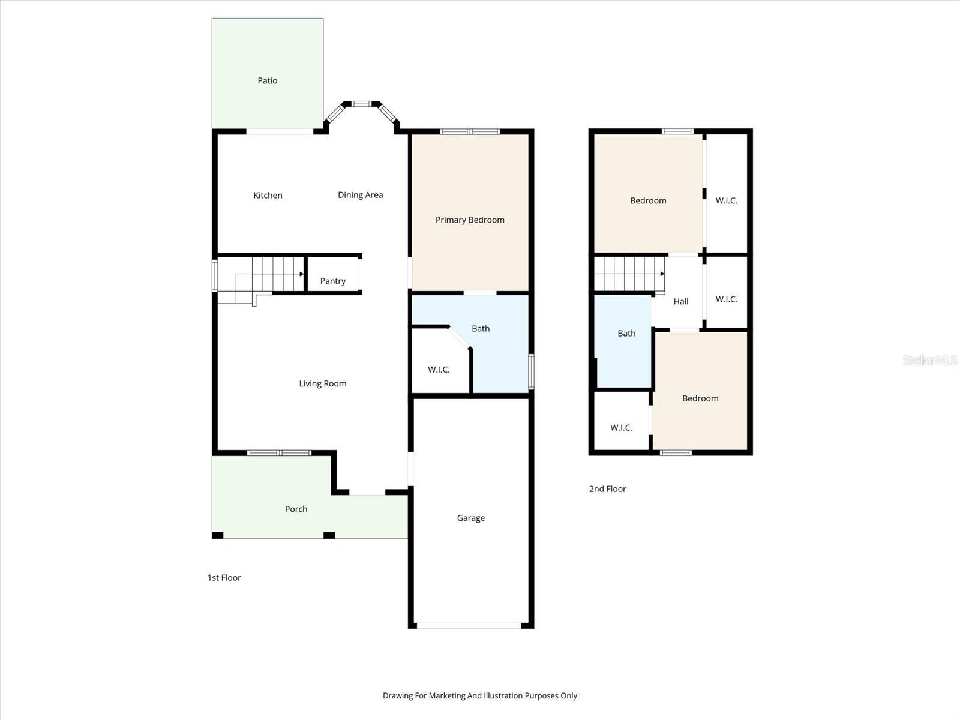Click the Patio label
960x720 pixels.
tap(268, 80)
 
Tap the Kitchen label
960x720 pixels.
tap(268, 195)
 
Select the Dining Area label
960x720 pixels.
tap(360, 194)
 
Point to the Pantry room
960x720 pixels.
tap(333, 280)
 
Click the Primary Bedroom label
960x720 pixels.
tap(470, 220)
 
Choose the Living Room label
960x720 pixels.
tap(323, 383)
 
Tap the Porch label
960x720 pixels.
tap(296, 509)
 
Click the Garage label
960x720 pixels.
tap(471, 518)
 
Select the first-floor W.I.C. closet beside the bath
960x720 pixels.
tap(439, 369)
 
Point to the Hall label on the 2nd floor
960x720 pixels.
tap(681, 301)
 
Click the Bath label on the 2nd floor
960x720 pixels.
tap(626, 333)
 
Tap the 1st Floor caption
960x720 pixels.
tap(224, 577)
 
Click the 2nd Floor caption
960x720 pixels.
tap(607, 488)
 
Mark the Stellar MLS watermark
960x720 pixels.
tap(930, 360)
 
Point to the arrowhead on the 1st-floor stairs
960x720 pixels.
tap(302, 274)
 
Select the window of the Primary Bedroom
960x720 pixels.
tap(470, 131)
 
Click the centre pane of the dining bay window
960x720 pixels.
tap(361, 104)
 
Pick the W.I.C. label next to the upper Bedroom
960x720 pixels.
tap(727, 200)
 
